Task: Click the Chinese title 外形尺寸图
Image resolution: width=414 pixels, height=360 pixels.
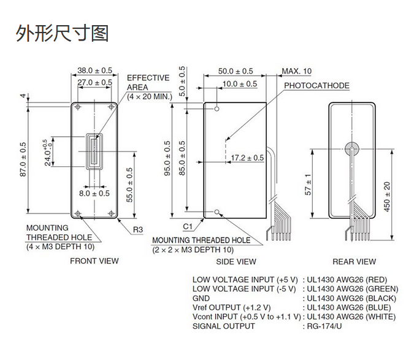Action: click(x=63, y=33)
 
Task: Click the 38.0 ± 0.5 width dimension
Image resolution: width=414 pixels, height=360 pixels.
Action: click(x=94, y=71)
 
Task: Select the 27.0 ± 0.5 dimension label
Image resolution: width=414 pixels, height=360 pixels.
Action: click(x=94, y=82)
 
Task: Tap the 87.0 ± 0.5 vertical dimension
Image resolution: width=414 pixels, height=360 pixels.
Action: click(x=23, y=159)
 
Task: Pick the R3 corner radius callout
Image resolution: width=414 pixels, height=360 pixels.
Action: click(x=138, y=230)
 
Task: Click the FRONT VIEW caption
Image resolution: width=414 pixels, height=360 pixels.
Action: click(x=94, y=261)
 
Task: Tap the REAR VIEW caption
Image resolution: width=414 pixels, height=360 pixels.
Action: click(x=354, y=261)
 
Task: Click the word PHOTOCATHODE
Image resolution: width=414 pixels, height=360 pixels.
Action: click(x=316, y=86)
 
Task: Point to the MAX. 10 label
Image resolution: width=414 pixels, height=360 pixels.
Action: click(x=297, y=71)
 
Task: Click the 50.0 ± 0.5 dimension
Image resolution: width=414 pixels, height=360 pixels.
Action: click(x=236, y=71)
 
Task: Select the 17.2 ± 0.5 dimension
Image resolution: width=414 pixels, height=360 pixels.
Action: click(x=247, y=158)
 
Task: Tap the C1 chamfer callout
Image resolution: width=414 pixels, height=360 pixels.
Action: click(x=189, y=226)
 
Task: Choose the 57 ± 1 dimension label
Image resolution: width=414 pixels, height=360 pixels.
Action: click(x=309, y=184)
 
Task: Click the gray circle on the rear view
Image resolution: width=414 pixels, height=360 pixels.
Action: click(x=351, y=148)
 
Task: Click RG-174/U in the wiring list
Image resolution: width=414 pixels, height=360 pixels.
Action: click(x=325, y=326)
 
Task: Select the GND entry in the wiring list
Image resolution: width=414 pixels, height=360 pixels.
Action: click(x=201, y=299)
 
